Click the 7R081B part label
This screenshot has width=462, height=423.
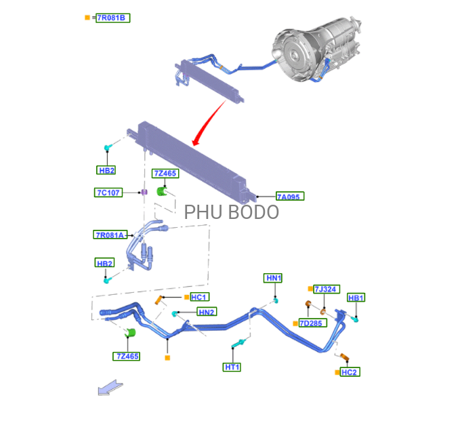pyautogui.click(x=112, y=18)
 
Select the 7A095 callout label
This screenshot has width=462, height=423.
pyautogui.click(x=289, y=197)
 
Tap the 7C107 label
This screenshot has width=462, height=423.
pyautogui.click(x=108, y=193)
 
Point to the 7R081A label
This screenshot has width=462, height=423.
pyautogui.click(x=110, y=235)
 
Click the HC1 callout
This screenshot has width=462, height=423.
pyautogui.click(x=199, y=297)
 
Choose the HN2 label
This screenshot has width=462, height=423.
pyautogui.click(x=207, y=312)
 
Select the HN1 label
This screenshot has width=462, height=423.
pyautogui.click(x=273, y=278)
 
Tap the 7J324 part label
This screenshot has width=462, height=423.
pyautogui.click(x=326, y=289)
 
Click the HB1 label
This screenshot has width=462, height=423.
pyautogui.click(x=356, y=298)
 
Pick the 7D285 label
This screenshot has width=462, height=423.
pyautogui.click(x=311, y=323)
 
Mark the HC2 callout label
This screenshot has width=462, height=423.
pyautogui.click(x=350, y=372)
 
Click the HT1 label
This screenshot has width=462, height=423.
pyautogui.click(x=232, y=367)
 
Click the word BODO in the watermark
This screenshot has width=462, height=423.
pyautogui.click(x=253, y=212)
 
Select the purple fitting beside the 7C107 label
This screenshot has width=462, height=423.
pyautogui.click(x=144, y=193)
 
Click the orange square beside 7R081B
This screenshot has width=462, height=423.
pyautogui.click(x=87, y=18)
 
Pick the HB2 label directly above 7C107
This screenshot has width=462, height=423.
pyautogui.click(x=106, y=170)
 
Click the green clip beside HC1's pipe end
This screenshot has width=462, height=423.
pyautogui.click(x=131, y=332)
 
